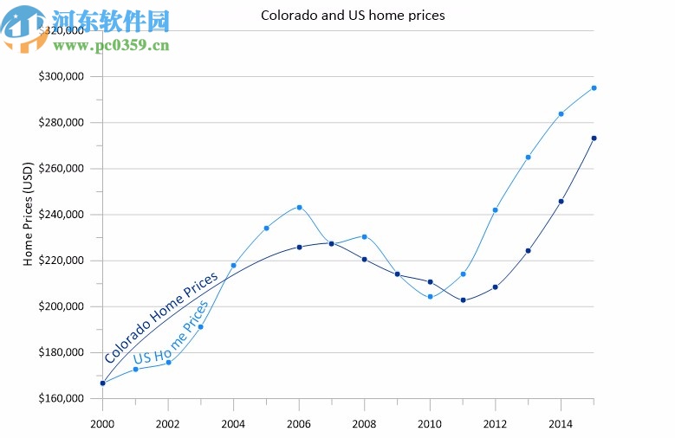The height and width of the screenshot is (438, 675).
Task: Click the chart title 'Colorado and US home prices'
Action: pyautogui.click(x=353, y=16)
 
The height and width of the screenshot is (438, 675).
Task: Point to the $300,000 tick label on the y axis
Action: pyautogui.click(x=61, y=76)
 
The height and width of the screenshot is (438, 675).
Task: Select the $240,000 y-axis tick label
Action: pyautogui.click(x=61, y=215)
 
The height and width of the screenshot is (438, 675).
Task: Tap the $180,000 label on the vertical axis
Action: pyautogui.click(x=61, y=352)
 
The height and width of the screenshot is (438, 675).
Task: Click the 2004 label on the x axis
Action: pyautogui.click(x=234, y=423)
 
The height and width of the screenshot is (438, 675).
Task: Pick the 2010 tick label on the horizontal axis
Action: pyautogui.click(x=431, y=423)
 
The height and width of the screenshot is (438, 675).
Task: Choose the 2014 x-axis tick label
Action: pyautogui.click(x=561, y=423)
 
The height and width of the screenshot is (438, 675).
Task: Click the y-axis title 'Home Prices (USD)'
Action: pyautogui.click(x=28, y=213)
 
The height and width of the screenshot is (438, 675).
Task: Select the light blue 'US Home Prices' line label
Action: pyautogui.click(x=171, y=333)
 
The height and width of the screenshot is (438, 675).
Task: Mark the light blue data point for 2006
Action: pyautogui.click(x=300, y=207)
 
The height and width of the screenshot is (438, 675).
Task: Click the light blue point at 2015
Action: pyautogui.click(x=594, y=87)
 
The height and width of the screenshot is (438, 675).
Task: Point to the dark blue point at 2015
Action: pyautogui.click(x=594, y=138)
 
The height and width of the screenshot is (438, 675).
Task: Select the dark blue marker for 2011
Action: pyautogui.click(x=464, y=300)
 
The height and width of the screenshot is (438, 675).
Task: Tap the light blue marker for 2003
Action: pyautogui.click(x=201, y=327)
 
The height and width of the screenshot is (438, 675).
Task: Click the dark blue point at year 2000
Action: pyautogui.click(x=103, y=383)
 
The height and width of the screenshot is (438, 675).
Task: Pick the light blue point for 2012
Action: pyautogui.click(x=496, y=209)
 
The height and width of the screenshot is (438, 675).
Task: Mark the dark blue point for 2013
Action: pyautogui.click(x=529, y=251)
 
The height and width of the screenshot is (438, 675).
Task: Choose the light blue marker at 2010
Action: pyautogui.click(x=431, y=296)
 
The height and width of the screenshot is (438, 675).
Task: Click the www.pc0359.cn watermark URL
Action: pyautogui.click(x=114, y=44)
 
